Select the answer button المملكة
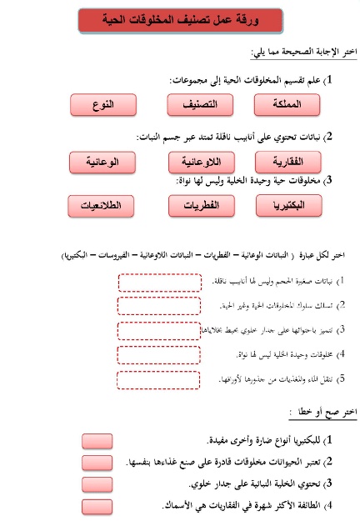(x=287, y=105)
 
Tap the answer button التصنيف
(x=197, y=105)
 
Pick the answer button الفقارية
(x=287, y=159)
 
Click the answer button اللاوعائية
(x=198, y=159)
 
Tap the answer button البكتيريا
(x=288, y=204)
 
